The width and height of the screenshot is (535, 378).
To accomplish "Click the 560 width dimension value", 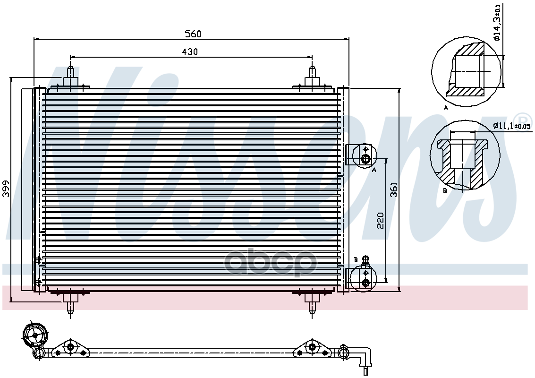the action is (193, 34).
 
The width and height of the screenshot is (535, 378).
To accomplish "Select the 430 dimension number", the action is (189, 52).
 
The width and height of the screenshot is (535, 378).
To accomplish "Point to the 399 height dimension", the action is (6, 189).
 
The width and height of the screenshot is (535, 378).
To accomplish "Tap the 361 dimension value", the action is (394, 189).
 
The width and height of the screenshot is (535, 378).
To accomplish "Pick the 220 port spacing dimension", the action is (380, 221).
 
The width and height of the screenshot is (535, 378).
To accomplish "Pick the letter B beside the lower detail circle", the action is (445, 191).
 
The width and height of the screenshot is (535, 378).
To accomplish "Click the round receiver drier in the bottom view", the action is (35, 335).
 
